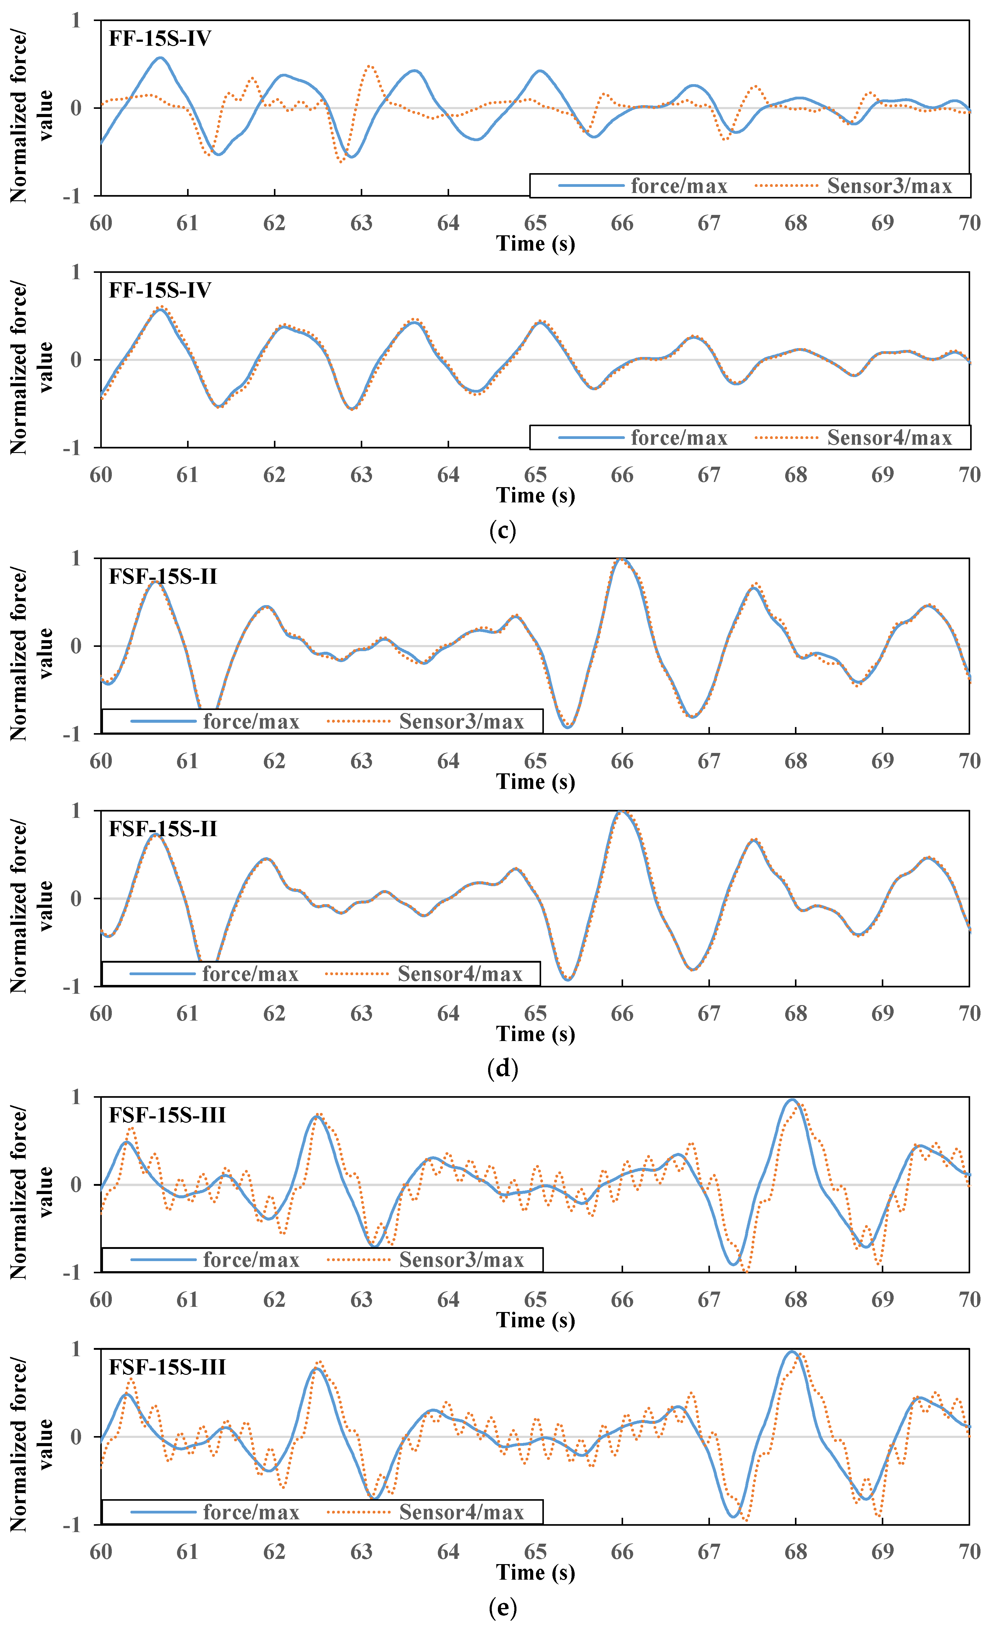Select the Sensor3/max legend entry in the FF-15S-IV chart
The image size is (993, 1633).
[x=888, y=186]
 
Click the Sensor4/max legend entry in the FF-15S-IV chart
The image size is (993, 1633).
[x=888, y=438]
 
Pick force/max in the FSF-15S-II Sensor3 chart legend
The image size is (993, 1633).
[x=250, y=722]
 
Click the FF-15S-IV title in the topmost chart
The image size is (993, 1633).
[x=160, y=38]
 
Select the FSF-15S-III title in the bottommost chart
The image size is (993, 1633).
[x=167, y=1367]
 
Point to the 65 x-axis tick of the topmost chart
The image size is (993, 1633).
[x=535, y=223]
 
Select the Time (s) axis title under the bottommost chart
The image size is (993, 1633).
[x=535, y=1573]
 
